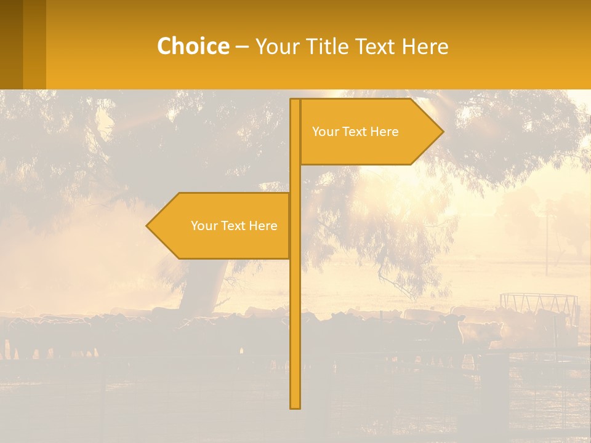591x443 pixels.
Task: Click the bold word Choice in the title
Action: click(x=193, y=46)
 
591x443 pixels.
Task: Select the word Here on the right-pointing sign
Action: click(x=385, y=132)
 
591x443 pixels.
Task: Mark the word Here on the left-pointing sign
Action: click(x=263, y=226)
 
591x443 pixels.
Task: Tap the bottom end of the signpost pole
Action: click(x=295, y=406)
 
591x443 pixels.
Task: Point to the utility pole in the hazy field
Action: click(x=546, y=243)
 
